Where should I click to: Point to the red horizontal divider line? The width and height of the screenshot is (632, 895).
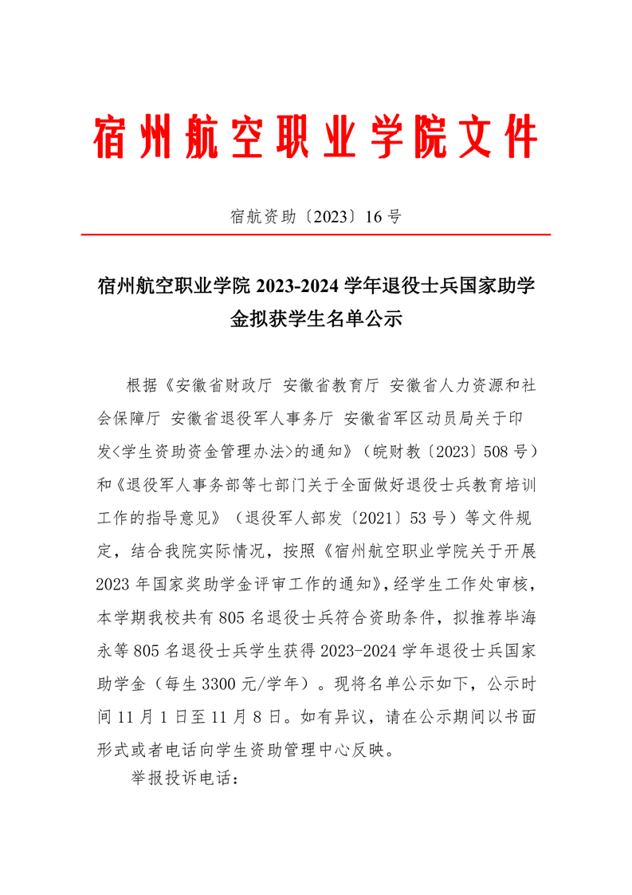click(316, 235)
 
